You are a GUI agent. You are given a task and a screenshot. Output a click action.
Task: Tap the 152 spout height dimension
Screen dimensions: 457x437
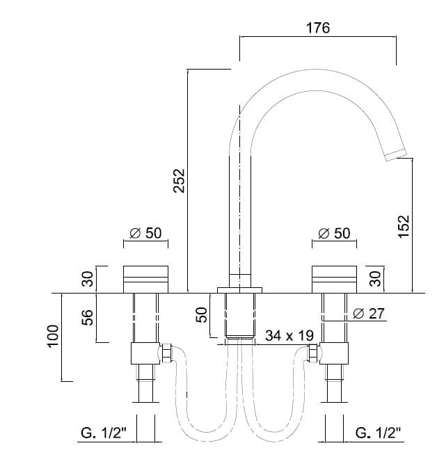tap(404, 226)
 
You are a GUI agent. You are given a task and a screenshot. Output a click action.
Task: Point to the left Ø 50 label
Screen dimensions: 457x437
tap(145, 234)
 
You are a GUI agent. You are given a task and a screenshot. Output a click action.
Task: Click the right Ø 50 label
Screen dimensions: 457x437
tap(334, 234)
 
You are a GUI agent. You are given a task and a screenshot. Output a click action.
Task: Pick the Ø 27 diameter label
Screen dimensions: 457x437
tap(369, 314)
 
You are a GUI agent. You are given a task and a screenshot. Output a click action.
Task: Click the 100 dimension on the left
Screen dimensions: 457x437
tap(53, 337)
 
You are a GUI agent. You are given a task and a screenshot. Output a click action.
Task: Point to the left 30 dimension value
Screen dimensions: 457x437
tap(88, 279)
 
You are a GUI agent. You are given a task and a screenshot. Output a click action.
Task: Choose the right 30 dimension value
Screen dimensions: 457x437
tap(375, 279)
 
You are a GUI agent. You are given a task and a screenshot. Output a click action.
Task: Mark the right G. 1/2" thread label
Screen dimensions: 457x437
tap(379, 433)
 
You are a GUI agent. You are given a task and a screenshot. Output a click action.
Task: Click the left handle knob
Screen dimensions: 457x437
tap(145, 279)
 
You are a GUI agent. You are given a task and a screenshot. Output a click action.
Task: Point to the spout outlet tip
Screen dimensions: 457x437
tap(395, 154)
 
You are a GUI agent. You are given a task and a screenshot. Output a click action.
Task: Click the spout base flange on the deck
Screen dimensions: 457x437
tap(239, 288)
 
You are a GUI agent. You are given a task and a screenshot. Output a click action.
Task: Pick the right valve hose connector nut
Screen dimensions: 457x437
tap(313, 354)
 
